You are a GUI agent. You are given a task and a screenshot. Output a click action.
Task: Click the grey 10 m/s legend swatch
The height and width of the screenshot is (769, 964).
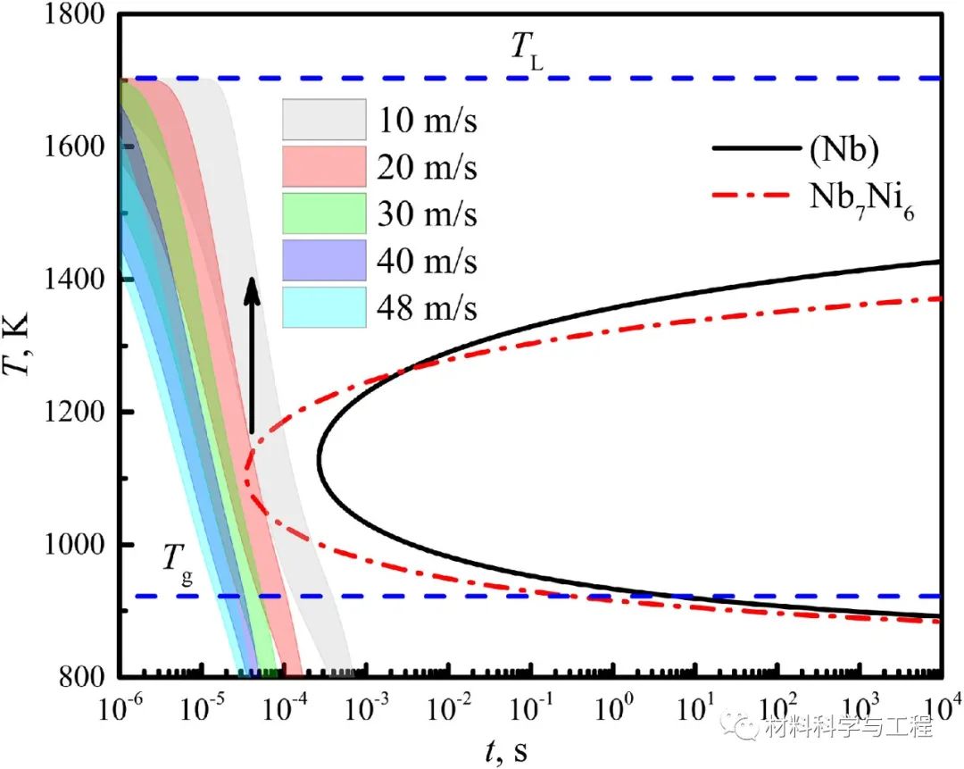(324, 119)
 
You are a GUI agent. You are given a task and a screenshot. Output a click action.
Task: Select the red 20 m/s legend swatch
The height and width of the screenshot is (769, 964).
(324, 167)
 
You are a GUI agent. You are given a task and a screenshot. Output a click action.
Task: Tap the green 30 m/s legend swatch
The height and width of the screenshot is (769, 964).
(324, 214)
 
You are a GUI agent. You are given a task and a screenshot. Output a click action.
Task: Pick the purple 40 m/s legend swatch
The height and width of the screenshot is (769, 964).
(324, 262)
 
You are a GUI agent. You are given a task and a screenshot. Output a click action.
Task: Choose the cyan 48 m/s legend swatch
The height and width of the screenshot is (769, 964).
(324, 308)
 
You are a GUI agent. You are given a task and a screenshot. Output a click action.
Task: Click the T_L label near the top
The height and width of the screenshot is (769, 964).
(527, 50)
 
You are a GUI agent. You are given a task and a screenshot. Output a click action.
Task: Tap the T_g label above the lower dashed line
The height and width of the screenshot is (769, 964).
(175, 560)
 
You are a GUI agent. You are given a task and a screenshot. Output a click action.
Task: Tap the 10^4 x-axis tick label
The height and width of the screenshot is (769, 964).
(939, 707)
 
